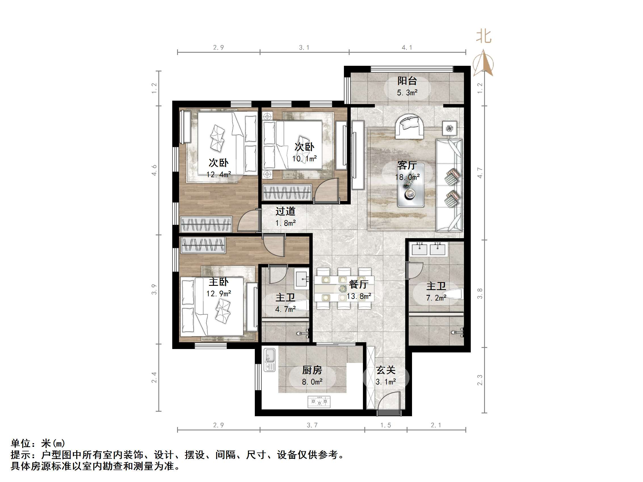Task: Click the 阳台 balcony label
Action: click(407, 81)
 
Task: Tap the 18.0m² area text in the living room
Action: click(407, 177)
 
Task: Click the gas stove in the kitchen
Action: click(319, 402)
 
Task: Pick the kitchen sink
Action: click(270, 360)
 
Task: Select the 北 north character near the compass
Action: click(484, 37)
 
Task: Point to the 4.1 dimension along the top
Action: click(407, 47)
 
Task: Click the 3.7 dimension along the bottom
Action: click(312, 425)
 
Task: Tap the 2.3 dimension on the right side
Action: click(480, 380)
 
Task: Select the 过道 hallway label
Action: click(285, 211)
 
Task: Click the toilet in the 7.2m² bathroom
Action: click(454, 294)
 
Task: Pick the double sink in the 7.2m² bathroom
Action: click(428, 249)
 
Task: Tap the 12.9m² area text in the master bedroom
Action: click(218, 293)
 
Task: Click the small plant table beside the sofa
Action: click(449, 128)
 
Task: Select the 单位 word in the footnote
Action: click(21, 443)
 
